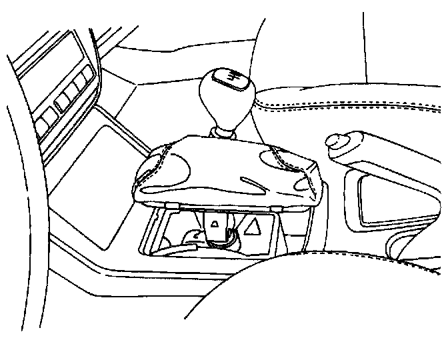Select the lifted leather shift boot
(227, 170)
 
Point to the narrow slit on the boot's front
(249, 182)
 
